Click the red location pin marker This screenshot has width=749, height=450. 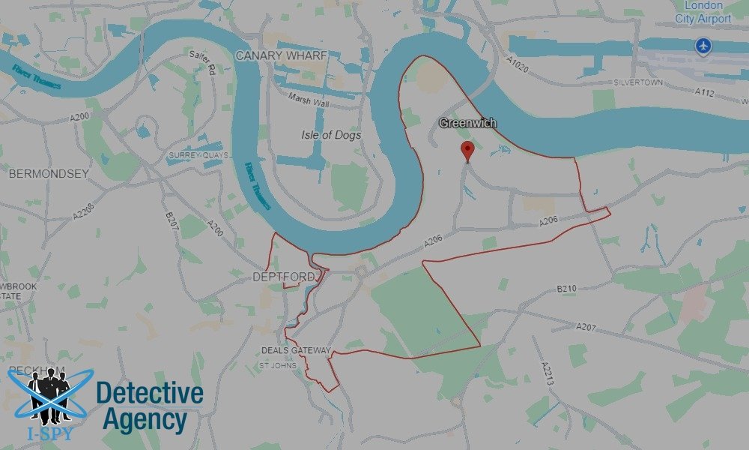click(468, 150)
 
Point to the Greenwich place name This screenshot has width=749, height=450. click(468, 123)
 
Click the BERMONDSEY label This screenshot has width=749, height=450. click(49, 173)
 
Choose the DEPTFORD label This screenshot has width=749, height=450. click(284, 277)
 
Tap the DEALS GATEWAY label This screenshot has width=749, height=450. click(296, 350)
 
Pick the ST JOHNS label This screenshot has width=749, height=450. click(277, 365)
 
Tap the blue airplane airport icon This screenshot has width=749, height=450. click(703, 46)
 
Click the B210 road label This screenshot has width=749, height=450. click(568, 289)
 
